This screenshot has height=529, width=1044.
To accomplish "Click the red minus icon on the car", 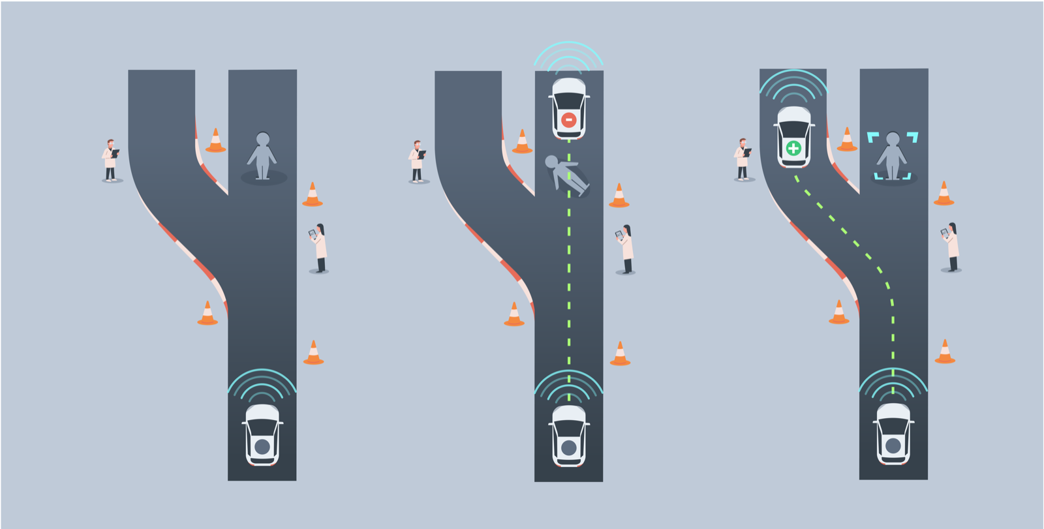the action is pyautogui.click(x=568, y=120).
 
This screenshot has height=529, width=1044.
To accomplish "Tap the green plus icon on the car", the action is pyautogui.click(x=793, y=148).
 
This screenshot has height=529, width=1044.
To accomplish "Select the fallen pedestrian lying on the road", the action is pyautogui.click(x=566, y=175).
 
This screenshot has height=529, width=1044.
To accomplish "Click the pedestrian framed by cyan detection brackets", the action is pyautogui.click(x=893, y=157).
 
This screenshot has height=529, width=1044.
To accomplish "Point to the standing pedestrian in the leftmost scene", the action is pyautogui.click(x=262, y=157).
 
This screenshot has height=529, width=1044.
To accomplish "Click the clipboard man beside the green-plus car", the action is pyautogui.click(x=743, y=159).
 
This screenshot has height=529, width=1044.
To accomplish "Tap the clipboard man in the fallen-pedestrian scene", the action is pyautogui.click(x=417, y=161).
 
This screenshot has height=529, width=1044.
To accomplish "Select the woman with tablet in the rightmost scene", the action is pyautogui.click(x=952, y=247).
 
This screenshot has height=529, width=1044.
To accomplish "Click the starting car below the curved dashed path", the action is pyautogui.click(x=893, y=434).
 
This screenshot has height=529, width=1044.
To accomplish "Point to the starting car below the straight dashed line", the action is pyautogui.click(x=568, y=436).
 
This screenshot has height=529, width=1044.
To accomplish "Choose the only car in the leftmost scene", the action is pyautogui.click(x=262, y=434).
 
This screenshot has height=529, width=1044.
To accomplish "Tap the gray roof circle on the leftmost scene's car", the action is pyautogui.click(x=262, y=447).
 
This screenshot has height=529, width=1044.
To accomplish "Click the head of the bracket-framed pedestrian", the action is pyautogui.click(x=893, y=139).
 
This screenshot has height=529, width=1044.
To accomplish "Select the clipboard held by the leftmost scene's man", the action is pyautogui.click(x=115, y=153).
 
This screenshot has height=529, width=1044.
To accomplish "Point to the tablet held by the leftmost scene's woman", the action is pyautogui.click(x=313, y=233).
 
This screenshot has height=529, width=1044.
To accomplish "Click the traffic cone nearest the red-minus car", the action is pyautogui.click(x=522, y=142).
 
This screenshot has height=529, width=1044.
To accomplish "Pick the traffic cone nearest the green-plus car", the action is pyautogui.click(x=847, y=140).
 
